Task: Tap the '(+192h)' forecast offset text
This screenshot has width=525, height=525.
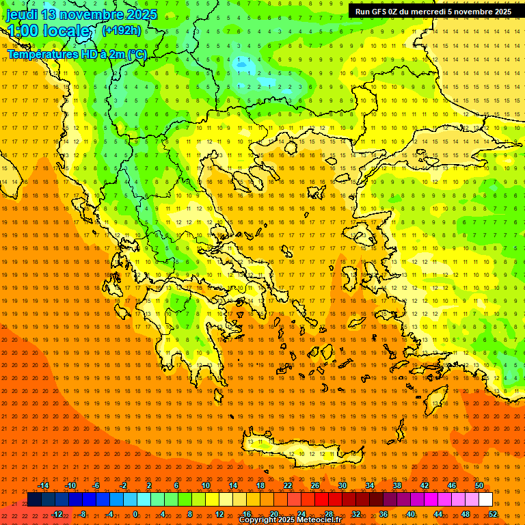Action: pyautogui.click(x=121, y=30)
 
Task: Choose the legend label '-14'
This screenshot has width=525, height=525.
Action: pyautogui.click(x=44, y=485)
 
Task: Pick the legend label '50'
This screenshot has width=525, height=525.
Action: pyautogui.click(x=479, y=485)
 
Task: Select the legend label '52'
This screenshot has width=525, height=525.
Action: pyautogui.click(x=492, y=514)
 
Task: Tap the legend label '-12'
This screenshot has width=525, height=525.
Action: pyautogui.click(x=57, y=514)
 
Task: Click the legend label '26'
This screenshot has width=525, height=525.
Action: pyautogui.click(x=315, y=485)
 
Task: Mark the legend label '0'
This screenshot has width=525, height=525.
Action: pyautogui.click(x=135, y=514)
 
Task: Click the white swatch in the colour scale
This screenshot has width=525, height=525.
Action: pyautogui.click(x=485, y=500)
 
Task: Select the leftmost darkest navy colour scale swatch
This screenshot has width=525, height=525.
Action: pyautogui.click(x=34, y=500)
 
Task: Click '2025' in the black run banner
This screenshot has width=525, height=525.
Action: pyautogui.click(x=498, y=12)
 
